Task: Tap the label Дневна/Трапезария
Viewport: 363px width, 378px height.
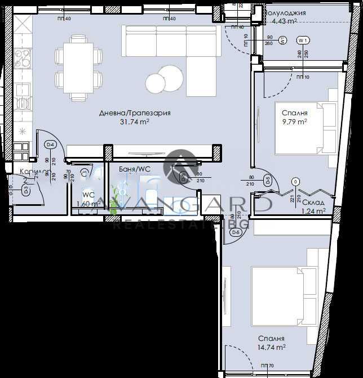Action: (x=135, y=113)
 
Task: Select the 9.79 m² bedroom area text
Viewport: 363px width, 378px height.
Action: (x=294, y=120)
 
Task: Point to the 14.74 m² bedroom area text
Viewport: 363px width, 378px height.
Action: (x=272, y=348)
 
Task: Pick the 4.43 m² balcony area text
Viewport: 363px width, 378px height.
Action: (x=284, y=21)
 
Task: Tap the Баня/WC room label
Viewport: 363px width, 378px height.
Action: (x=134, y=169)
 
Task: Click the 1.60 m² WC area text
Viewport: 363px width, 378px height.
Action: (x=88, y=204)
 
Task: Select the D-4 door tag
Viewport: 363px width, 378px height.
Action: (x=50, y=145)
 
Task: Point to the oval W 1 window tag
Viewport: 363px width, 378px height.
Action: (x=303, y=40)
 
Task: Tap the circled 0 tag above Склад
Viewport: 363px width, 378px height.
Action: (x=295, y=182)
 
